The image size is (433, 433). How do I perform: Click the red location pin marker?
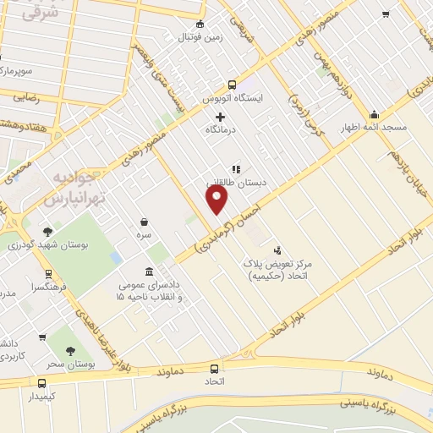[x=218, y=199]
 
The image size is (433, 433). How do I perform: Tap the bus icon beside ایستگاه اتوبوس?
[x=232, y=85]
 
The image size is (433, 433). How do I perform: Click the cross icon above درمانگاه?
[x=221, y=117]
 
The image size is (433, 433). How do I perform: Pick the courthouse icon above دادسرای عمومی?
[x=150, y=271]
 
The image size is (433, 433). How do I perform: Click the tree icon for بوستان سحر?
[x=70, y=351]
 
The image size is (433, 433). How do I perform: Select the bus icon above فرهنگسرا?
[x=48, y=274]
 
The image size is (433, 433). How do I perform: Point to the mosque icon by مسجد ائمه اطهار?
[x=374, y=114]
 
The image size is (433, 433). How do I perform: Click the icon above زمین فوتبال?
[x=200, y=24]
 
